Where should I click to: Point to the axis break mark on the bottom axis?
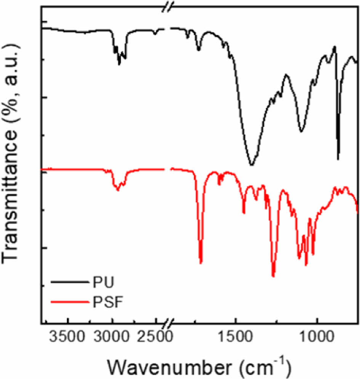168,325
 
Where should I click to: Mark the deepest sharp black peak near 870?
338,159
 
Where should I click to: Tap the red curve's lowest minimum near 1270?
273,276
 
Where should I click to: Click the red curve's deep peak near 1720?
201,262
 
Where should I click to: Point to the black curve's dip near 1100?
301,131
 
